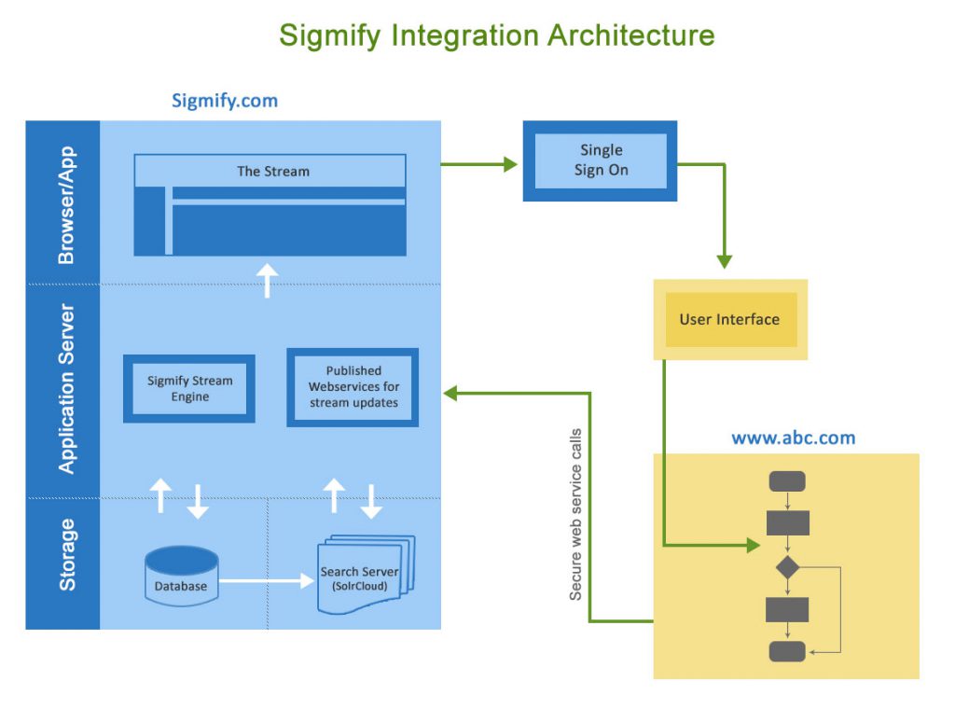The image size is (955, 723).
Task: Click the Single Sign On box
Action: point(601,160)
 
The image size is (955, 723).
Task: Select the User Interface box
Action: point(729,319)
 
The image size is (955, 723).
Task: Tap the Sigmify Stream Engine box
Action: point(189,388)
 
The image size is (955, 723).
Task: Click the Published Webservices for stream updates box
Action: point(353,386)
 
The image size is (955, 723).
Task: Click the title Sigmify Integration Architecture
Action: point(496,36)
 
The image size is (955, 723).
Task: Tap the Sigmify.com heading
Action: point(224,101)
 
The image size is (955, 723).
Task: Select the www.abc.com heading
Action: point(793,437)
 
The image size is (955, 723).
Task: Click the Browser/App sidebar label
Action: point(66,204)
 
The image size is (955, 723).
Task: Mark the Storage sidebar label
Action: point(66,554)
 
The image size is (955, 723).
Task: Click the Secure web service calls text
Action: point(575,514)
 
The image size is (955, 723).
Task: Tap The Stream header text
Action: point(272,171)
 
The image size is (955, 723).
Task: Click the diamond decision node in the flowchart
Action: point(787,565)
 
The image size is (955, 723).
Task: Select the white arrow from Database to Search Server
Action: point(267,580)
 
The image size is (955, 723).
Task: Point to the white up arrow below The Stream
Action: point(268,280)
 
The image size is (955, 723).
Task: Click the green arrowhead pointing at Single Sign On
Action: point(510,164)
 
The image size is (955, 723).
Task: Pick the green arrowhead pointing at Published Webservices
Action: point(450,393)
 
